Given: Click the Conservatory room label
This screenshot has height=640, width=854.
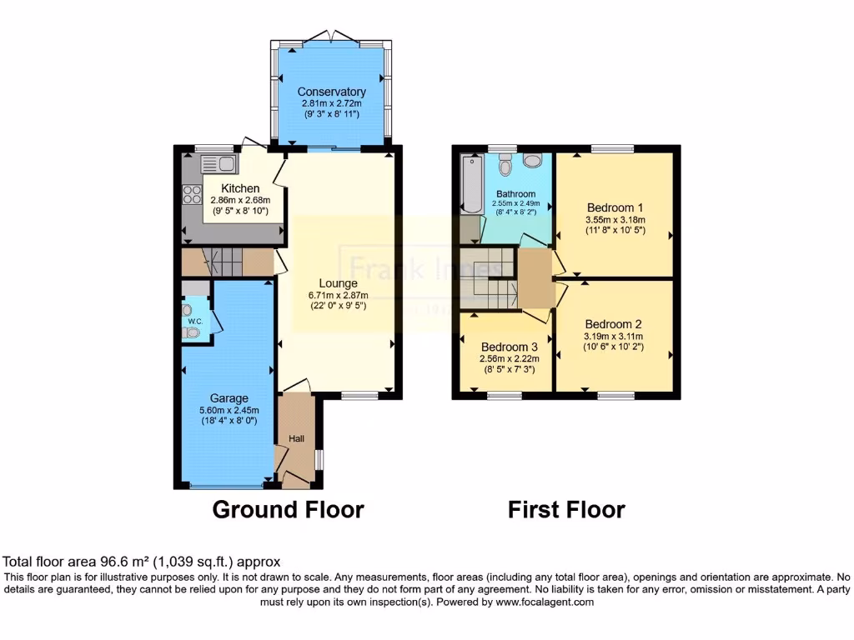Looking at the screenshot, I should (332, 92).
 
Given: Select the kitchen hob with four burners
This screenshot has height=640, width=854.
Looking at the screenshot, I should (192, 195).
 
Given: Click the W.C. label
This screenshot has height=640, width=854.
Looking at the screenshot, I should (194, 321).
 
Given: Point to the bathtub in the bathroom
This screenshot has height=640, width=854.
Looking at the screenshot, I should (468, 182).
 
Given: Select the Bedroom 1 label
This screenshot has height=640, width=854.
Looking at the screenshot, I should (615, 207).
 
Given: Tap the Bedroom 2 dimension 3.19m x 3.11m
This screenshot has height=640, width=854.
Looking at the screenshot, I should (614, 337).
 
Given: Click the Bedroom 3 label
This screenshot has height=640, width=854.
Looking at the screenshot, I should (510, 347).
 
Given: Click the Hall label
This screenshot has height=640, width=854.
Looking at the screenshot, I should (297, 438).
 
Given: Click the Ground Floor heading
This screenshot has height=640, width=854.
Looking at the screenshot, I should (288, 509).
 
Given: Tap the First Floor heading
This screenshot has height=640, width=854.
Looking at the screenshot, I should (566, 509).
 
